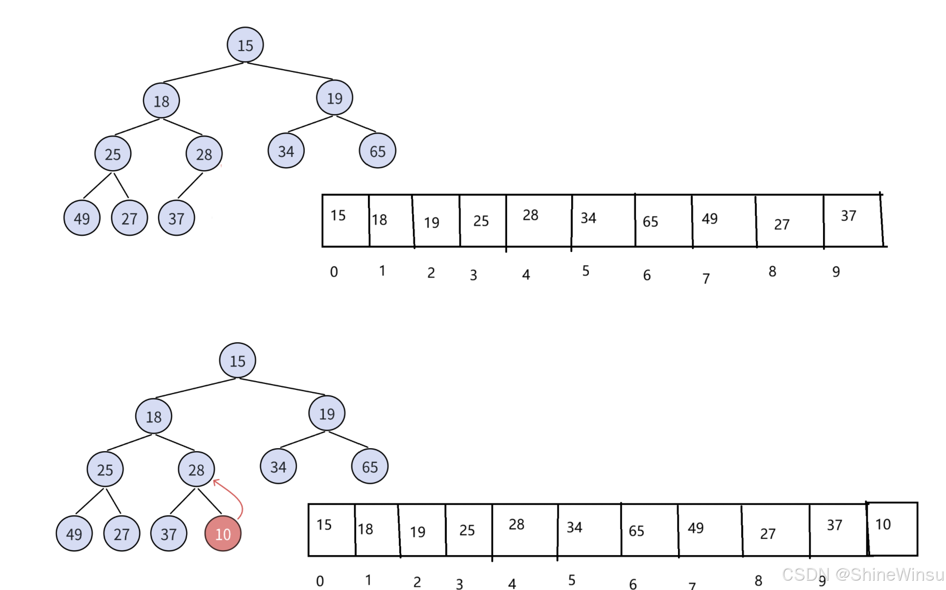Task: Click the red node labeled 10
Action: point(223,534)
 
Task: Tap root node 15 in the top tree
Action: point(245,45)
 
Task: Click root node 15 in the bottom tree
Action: point(238,361)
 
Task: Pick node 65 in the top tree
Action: point(377,151)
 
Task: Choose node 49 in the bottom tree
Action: point(74,534)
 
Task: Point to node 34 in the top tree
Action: point(286,151)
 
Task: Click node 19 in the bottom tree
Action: point(327,413)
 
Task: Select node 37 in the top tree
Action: point(176,218)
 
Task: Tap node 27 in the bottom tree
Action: point(121,534)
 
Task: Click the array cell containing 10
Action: point(892,529)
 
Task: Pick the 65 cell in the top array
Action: point(663,221)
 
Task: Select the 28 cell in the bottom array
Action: point(524,530)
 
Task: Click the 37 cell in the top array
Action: point(852,221)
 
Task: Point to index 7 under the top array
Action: point(706,279)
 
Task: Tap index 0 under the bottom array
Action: point(320,581)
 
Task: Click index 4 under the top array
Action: point(526,275)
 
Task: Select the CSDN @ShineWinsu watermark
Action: point(862,574)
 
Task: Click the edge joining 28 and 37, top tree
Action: point(190,185)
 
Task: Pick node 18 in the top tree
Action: point(161,101)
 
